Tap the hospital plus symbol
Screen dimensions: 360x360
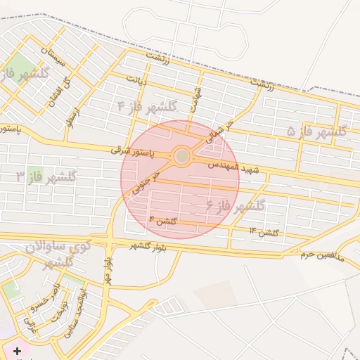click(17, 350)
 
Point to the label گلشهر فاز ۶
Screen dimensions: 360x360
click(235, 206)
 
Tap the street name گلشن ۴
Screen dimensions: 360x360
click(163, 221)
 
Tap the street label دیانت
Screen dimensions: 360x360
click(136, 80)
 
